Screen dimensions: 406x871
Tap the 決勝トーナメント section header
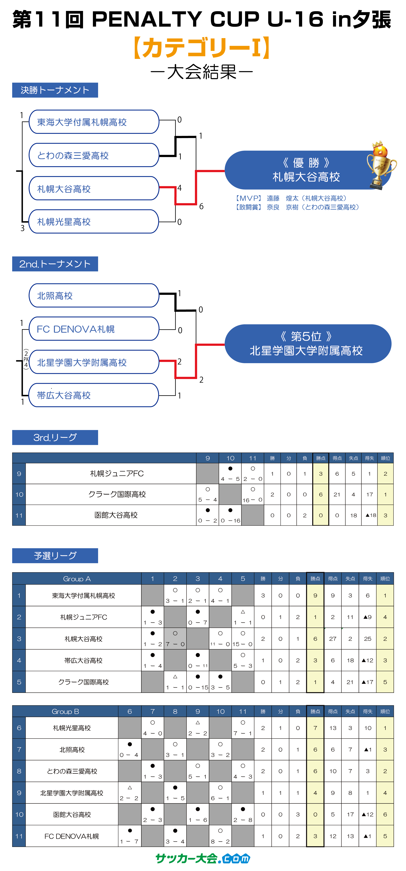(55, 90)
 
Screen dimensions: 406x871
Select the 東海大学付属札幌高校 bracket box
(94, 122)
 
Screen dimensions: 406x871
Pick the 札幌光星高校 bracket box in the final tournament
(94, 221)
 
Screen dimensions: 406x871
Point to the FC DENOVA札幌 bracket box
(94, 329)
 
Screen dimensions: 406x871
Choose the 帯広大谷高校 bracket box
(94, 395)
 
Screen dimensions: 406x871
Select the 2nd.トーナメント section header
(55, 264)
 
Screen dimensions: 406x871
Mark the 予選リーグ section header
(55, 556)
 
